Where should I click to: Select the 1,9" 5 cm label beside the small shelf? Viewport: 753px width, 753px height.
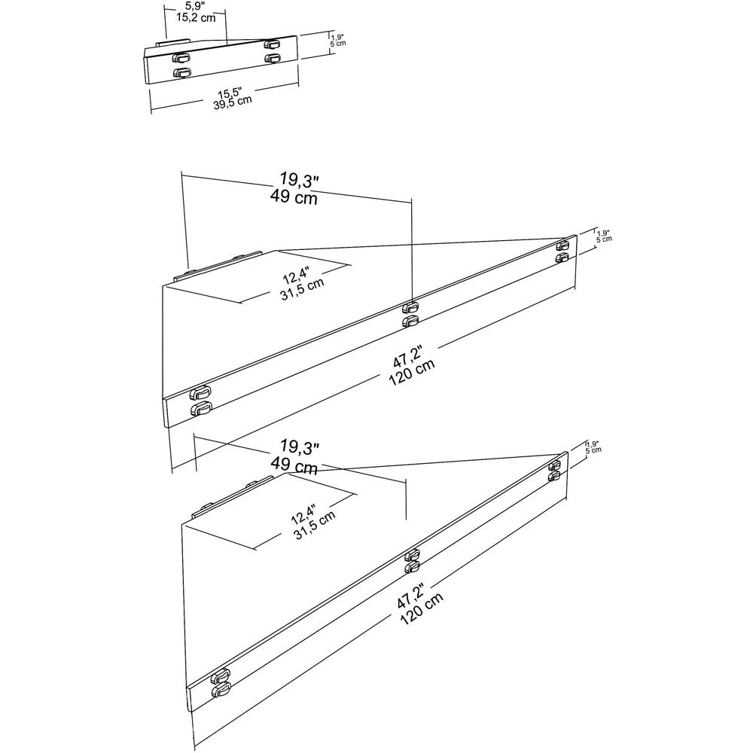tap(339, 39)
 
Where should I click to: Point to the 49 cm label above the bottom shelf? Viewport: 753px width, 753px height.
tap(294, 467)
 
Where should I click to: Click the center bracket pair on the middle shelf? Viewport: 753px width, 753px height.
tap(410, 314)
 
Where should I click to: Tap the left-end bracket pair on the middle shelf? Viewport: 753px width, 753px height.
tap(200, 401)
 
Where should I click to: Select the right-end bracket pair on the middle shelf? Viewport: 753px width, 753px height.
tap(562, 252)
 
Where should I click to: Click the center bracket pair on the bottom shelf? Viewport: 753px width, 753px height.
tap(412, 561)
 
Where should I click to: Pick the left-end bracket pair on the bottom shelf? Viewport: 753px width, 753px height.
tap(221, 683)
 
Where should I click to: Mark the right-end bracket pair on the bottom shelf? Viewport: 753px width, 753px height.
tap(555, 470)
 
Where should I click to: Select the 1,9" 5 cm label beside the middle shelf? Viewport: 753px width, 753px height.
tap(604, 236)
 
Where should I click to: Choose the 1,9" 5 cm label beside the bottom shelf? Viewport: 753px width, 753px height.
tap(594, 448)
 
